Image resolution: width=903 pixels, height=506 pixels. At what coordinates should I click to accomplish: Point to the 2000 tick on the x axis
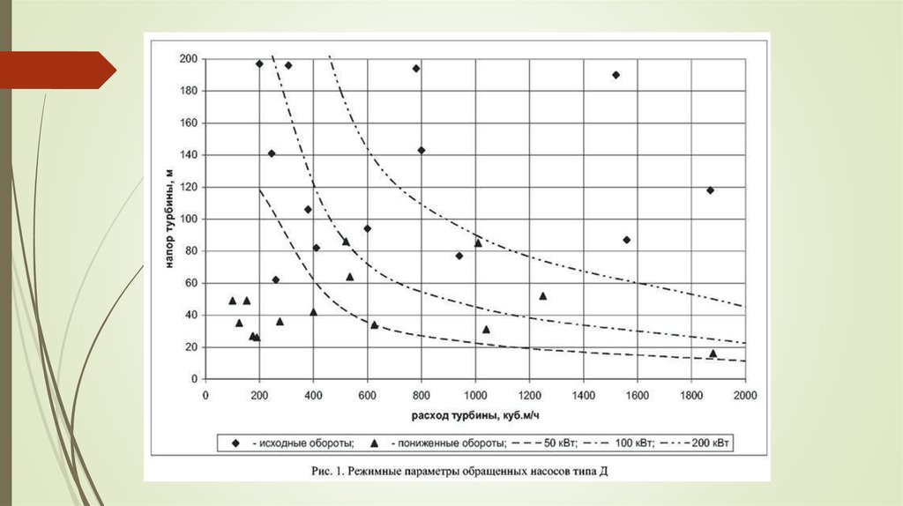click(x=745, y=395)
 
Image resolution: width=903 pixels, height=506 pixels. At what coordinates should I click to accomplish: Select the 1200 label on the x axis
click(x=529, y=395)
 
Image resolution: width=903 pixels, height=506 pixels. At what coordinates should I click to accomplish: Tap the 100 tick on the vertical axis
click(x=190, y=219)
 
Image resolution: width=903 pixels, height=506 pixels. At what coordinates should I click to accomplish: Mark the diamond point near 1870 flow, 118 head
click(x=710, y=190)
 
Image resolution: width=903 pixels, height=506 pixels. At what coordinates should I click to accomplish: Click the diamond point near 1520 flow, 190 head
click(x=616, y=75)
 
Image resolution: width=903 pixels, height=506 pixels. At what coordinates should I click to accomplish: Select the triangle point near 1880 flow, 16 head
click(x=713, y=353)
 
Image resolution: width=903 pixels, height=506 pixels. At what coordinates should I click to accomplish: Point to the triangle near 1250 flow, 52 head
click(x=542, y=296)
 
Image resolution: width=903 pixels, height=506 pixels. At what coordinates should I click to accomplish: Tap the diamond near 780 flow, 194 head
click(x=416, y=68)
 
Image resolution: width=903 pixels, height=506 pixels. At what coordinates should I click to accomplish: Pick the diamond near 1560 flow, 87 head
click(x=626, y=240)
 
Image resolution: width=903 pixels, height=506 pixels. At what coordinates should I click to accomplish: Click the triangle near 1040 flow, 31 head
click(x=486, y=330)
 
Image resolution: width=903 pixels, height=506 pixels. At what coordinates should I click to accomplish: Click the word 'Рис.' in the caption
click(x=324, y=472)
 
